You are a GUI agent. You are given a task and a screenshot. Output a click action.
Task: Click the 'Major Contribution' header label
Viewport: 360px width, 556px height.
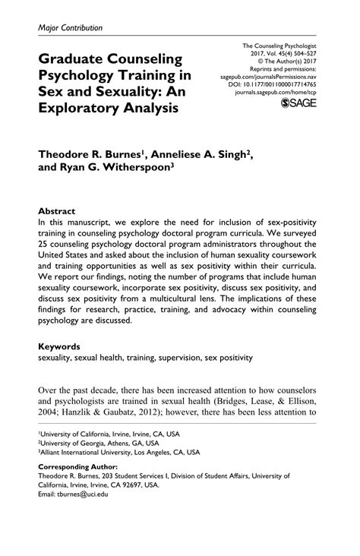tap(69, 27)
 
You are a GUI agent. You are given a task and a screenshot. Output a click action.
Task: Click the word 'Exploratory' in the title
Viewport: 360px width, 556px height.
tap(81, 108)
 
